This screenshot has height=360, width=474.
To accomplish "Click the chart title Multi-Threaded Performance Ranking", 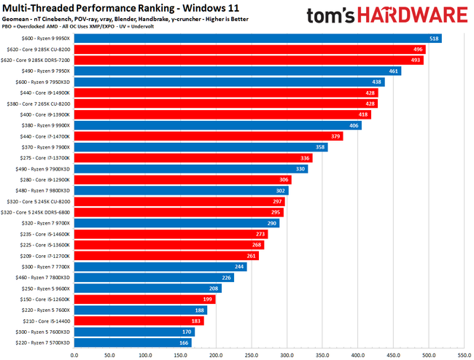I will pyautogui.click(x=98, y=8).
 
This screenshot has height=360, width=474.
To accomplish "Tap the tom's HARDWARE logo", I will pyautogui.click(x=386, y=16).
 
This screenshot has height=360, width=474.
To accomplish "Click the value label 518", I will pyautogui.click(x=434, y=38).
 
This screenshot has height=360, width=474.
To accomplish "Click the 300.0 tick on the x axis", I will pyautogui.click(x=287, y=356).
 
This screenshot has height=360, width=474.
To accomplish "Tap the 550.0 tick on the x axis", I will pyautogui.click(x=464, y=356).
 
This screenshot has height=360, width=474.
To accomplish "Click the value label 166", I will pyautogui.click(x=183, y=343).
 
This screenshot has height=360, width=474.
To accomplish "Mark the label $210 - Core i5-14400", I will pyautogui.click(x=44, y=321).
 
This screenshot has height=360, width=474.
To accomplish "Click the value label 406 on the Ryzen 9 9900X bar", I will pyautogui.click(x=354, y=125).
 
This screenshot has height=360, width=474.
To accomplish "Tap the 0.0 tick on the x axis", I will pyautogui.click(x=74, y=356).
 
